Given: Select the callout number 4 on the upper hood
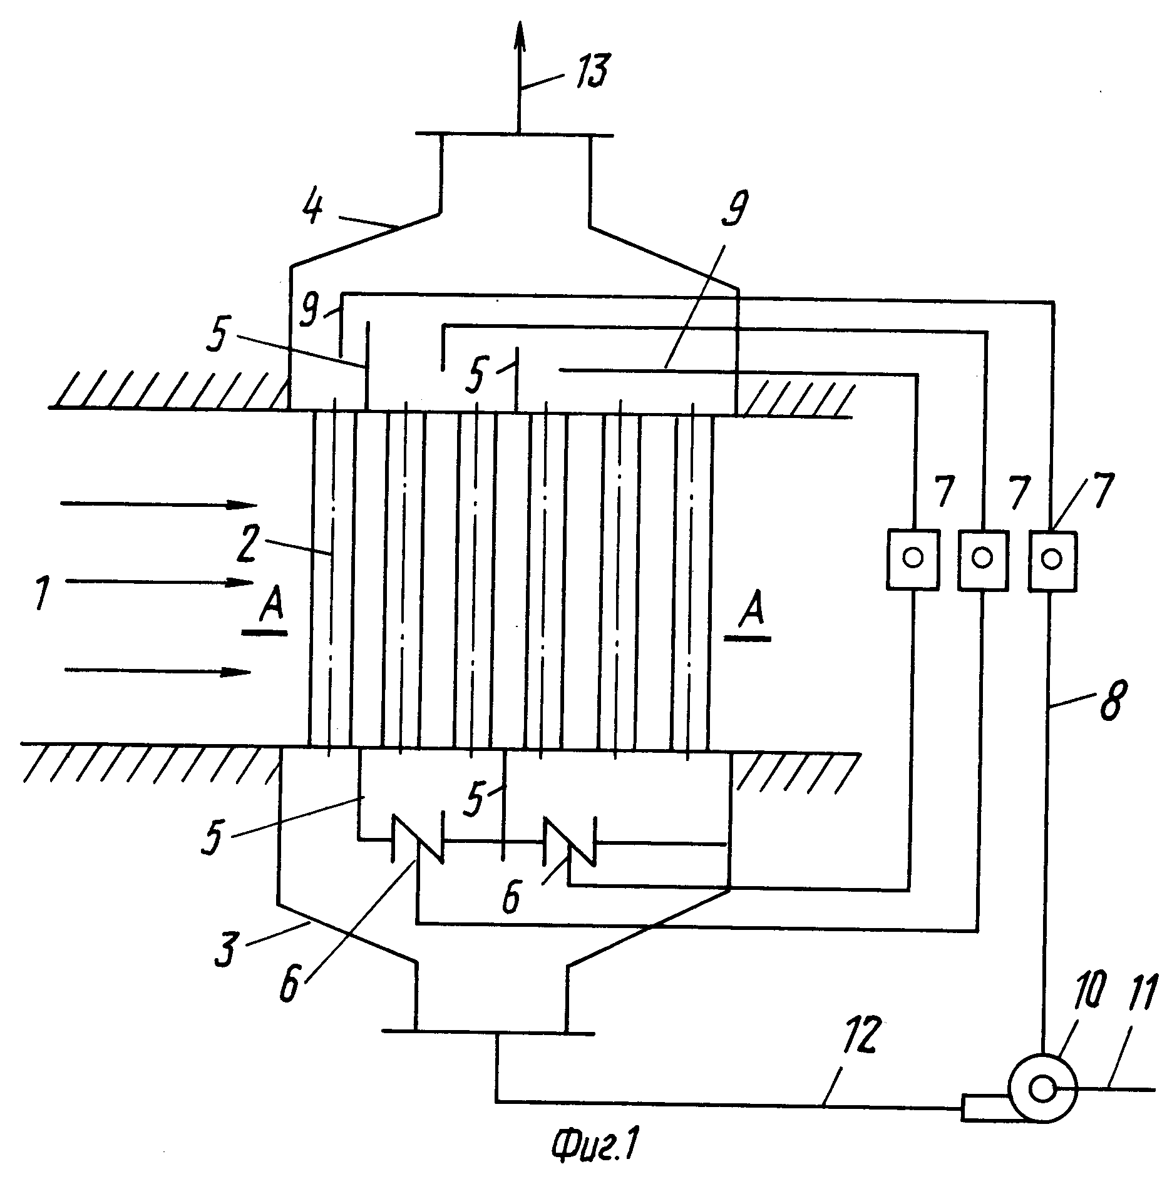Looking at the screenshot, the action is pyautogui.click(x=312, y=207).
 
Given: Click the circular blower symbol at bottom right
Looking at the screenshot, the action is pyautogui.click(x=1042, y=1089).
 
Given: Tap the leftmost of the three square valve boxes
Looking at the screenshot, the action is pyautogui.click(x=913, y=559).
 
